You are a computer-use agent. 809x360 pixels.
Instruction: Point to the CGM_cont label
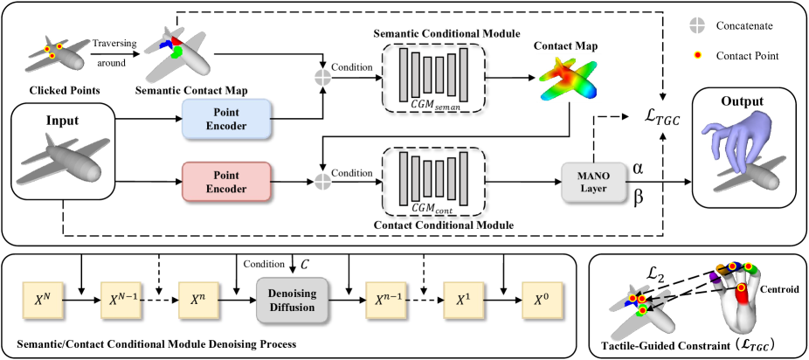coord(433,211)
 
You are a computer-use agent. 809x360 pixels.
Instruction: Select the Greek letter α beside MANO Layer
coord(639,166)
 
